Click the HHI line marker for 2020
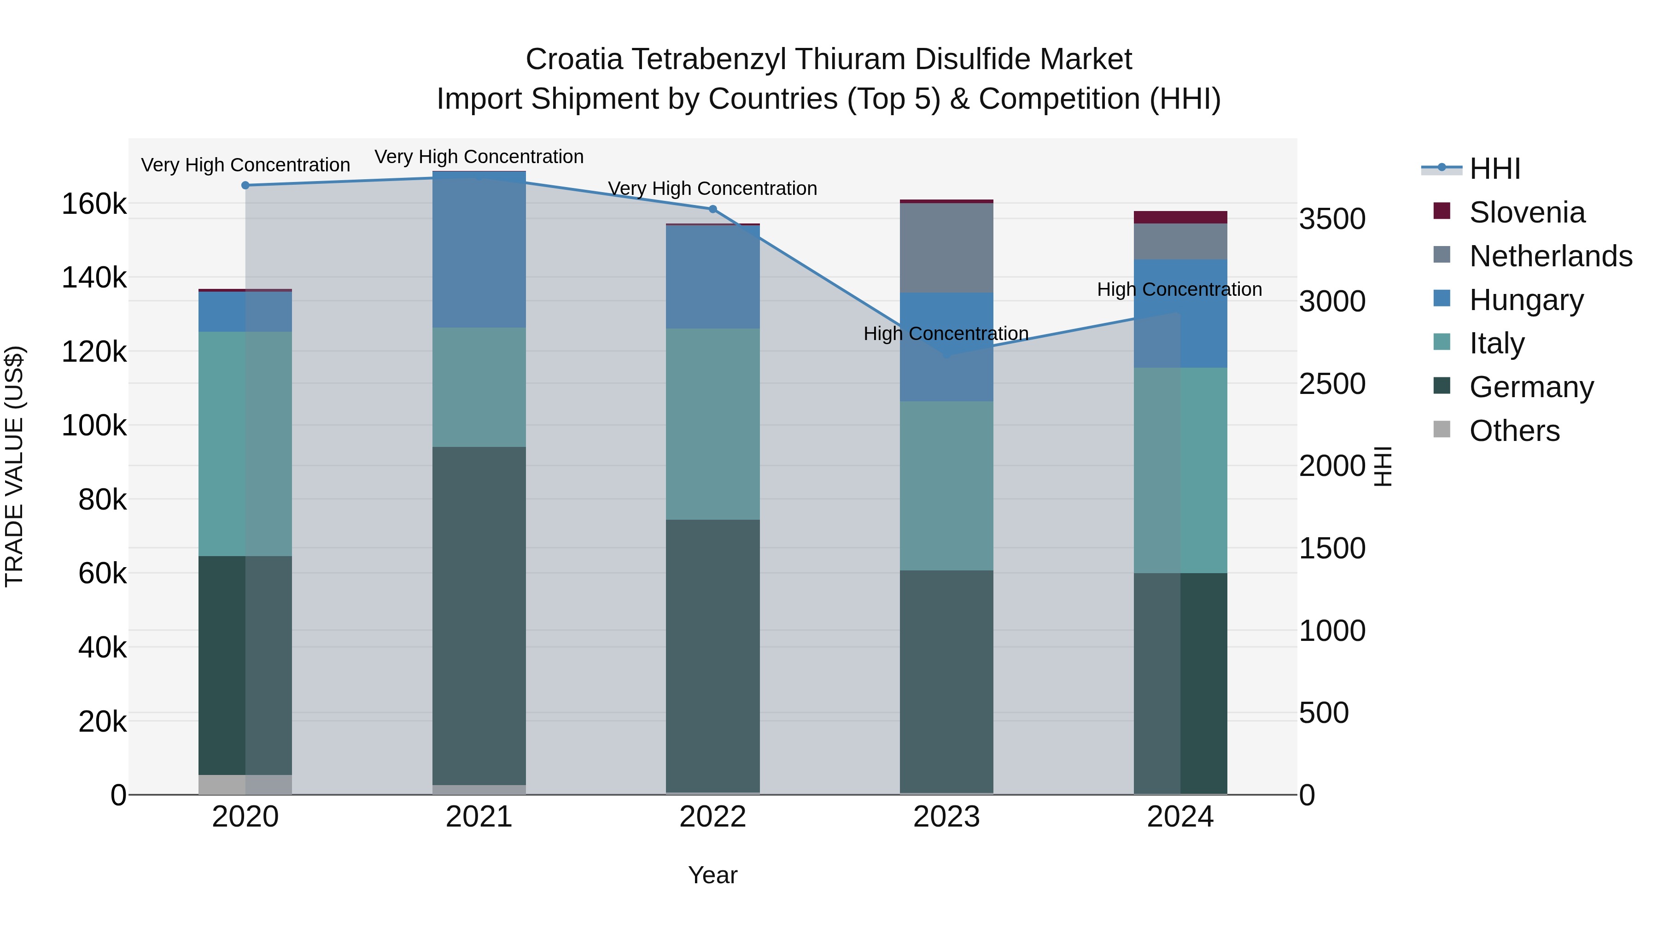(245, 185)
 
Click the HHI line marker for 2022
(712, 209)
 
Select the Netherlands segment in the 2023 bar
(946, 248)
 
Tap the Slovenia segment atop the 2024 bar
(1180, 217)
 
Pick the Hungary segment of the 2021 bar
(479, 250)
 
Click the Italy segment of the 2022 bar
(712, 424)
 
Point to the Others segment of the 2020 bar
(245, 784)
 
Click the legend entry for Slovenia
(1527, 212)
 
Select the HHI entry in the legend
(1495, 169)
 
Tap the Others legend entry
(1514, 431)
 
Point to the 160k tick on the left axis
(94, 204)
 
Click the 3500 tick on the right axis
(1331, 219)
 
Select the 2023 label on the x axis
(946, 817)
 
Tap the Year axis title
(712, 875)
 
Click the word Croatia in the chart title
(574, 59)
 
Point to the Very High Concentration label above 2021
(479, 157)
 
